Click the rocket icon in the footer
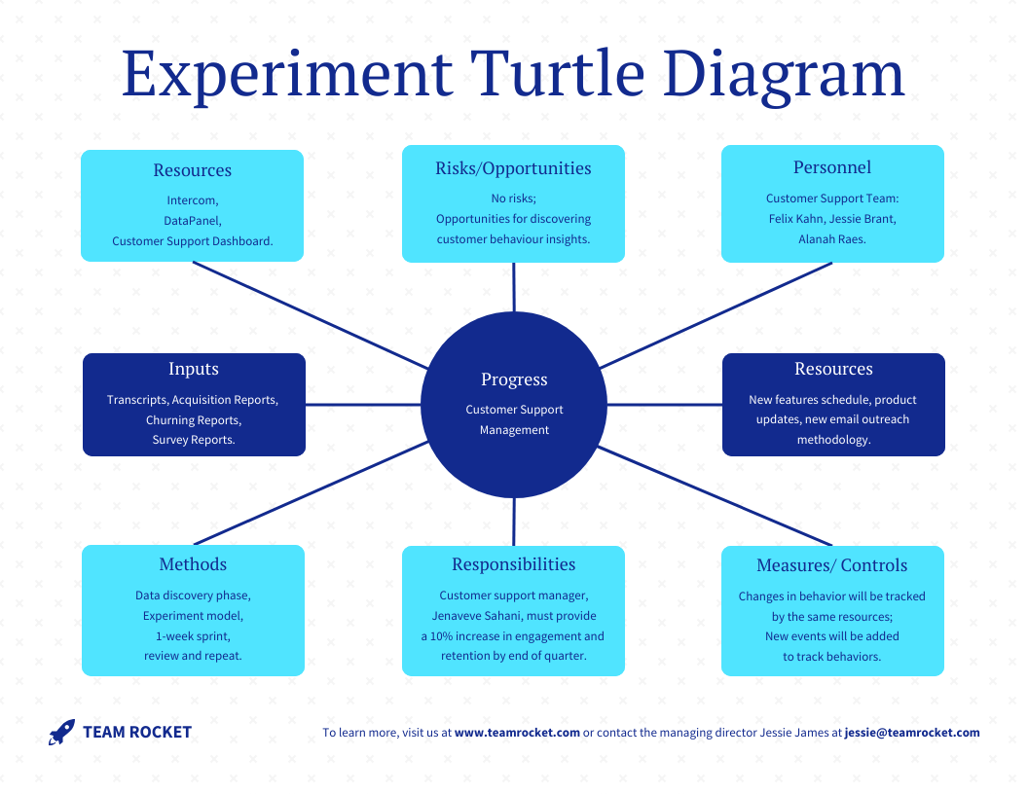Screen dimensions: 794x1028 point(61,733)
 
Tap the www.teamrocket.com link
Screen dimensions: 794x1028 point(517,733)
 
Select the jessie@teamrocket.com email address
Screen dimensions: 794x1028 point(912,733)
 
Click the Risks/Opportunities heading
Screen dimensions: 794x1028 point(513,168)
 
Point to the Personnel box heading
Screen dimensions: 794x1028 point(832,167)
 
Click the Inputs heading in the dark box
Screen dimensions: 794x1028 point(194,369)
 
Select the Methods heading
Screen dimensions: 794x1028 point(193,564)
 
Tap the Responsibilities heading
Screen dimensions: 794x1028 point(513,564)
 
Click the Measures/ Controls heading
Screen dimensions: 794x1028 point(832,565)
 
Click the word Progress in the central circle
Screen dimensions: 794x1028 point(514,379)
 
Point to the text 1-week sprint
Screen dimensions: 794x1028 point(193,636)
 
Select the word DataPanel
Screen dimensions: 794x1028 point(193,221)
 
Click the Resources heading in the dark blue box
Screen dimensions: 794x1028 point(833,369)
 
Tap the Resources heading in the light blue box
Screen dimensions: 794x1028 point(193,170)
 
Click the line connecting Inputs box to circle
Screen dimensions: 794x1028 point(362,404)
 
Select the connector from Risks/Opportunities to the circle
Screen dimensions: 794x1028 point(514,287)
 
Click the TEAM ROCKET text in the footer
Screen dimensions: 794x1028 point(137,733)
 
